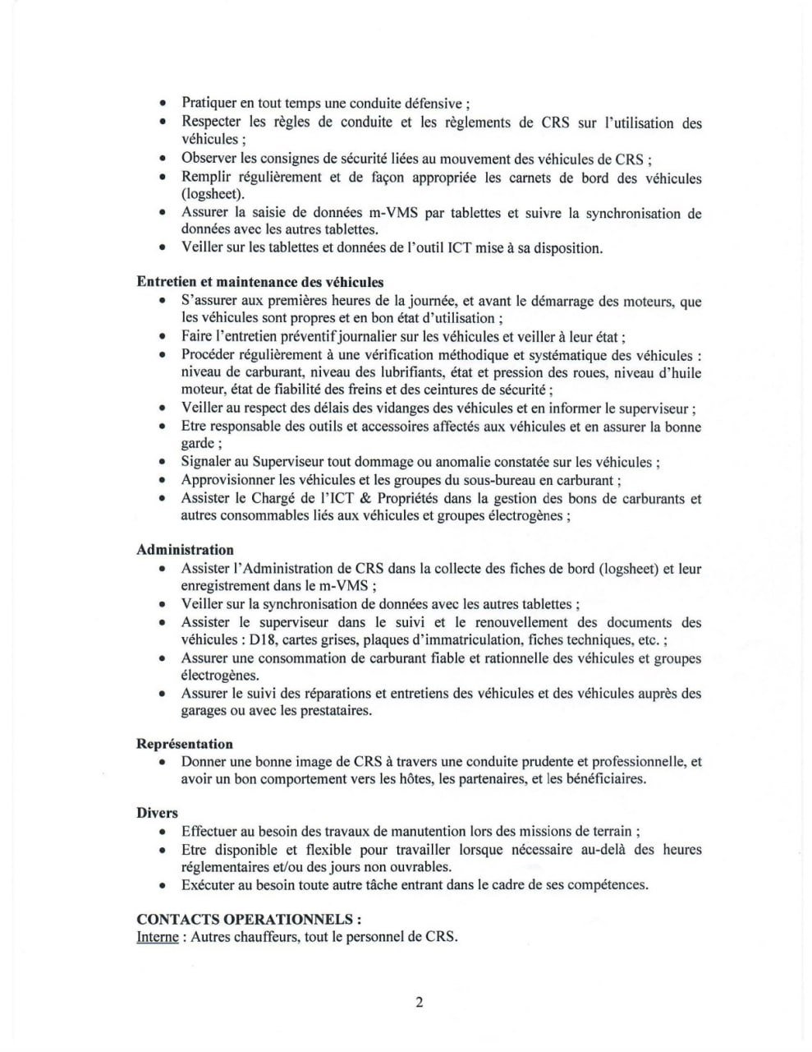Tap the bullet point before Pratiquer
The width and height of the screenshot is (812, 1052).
coord(163,104)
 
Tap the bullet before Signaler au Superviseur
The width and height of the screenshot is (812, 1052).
coord(163,463)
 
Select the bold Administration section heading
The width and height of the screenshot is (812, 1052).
coord(185,550)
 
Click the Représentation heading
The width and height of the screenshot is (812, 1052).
coord(184,744)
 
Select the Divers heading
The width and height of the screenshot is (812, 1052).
coord(157,813)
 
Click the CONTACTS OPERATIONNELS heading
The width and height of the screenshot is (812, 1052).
coord(249,919)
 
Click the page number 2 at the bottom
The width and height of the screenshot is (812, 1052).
coord(419,1002)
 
